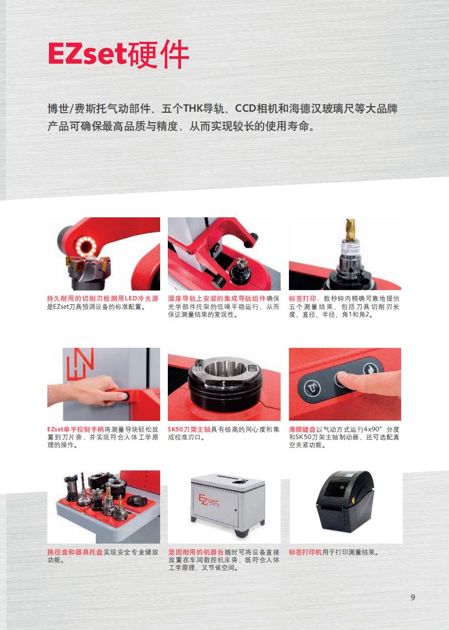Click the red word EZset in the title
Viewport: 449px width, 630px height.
[87, 54]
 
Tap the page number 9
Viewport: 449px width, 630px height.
[413, 598]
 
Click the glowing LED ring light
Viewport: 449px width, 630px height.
[86, 246]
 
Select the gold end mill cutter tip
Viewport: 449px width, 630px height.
[351, 229]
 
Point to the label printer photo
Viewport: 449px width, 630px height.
[346, 507]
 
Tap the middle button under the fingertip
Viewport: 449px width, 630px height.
[341, 380]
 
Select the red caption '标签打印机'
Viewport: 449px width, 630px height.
[305, 552]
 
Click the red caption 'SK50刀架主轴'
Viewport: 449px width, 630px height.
[189, 430]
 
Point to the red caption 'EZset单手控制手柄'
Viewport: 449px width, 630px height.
[75, 430]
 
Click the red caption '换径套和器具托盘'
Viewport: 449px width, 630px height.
[75, 552]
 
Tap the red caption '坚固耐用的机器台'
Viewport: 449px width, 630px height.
[196, 552]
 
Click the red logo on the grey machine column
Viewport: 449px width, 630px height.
[80, 364]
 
